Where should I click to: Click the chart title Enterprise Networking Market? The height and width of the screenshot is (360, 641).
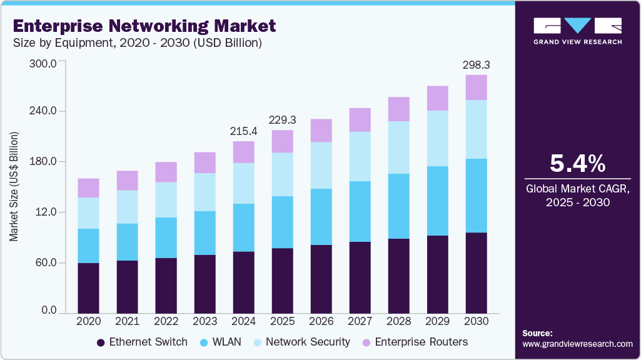(x=144, y=26)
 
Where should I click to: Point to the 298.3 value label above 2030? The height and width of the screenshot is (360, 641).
(x=476, y=64)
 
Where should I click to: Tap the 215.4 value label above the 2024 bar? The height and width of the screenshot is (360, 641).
(x=243, y=131)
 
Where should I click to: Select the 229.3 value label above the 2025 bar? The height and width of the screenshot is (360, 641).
(x=282, y=120)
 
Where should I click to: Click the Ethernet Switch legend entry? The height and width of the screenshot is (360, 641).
(x=142, y=342)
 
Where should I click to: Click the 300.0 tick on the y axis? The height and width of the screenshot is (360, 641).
(x=44, y=63)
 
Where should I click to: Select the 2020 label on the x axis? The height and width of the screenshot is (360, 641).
(x=88, y=321)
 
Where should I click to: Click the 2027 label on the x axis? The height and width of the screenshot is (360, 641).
(x=360, y=321)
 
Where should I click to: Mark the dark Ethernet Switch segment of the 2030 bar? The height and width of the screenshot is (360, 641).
(x=476, y=272)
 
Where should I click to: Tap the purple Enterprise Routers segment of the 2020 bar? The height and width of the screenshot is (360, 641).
(x=88, y=187)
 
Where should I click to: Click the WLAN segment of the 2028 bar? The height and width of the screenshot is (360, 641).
(x=398, y=206)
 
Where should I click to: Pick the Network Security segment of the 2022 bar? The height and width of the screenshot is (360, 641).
(x=166, y=200)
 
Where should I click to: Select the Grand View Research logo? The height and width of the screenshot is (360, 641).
(x=577, y=31)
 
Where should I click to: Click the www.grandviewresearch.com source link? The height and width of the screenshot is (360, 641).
(x=577, y=344)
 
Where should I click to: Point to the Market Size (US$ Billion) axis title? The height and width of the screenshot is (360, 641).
(x=14, y=187)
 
